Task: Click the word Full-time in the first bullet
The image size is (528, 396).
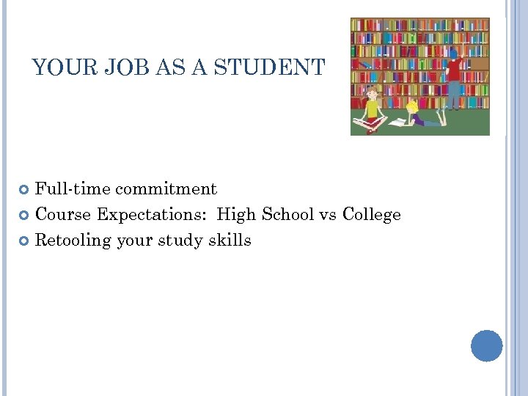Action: tap(72, 189)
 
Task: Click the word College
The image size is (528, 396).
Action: tap(372, 215)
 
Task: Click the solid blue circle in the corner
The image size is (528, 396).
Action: tap(486, 345)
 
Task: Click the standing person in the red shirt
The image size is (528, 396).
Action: tap(454, 77)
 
